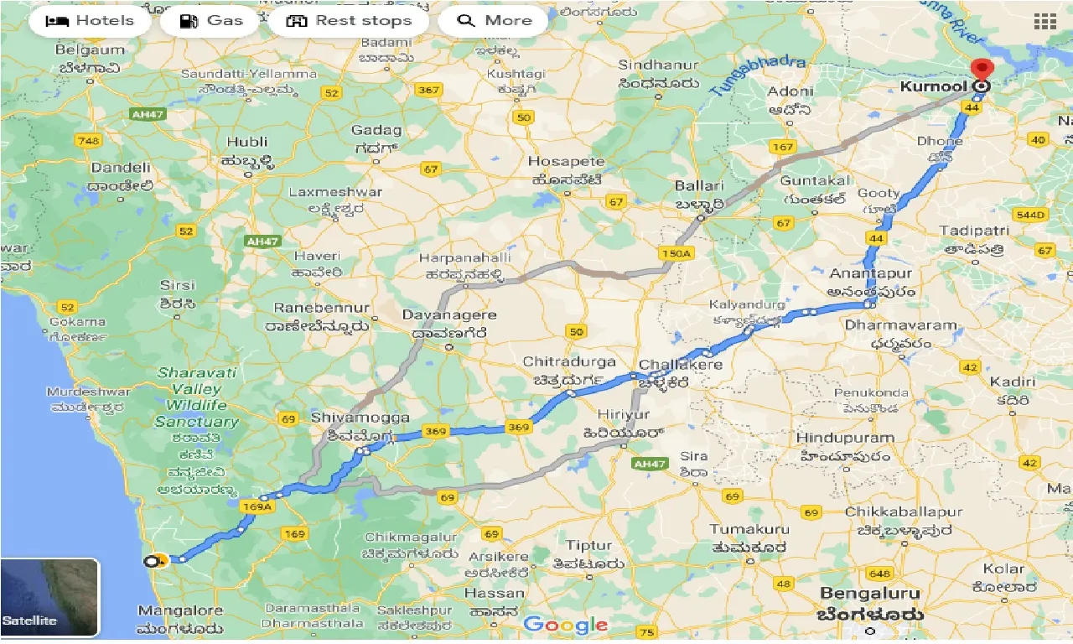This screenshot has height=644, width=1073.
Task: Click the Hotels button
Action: pos(90,21)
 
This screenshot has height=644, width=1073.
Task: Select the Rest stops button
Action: pos(349,21)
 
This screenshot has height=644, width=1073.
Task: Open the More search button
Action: pos(494,21)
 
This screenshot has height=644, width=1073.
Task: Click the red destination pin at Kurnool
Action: pos(980,70)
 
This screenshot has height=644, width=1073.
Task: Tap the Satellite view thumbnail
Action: pos(49,598)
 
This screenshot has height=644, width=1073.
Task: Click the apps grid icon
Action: pos(1044,22)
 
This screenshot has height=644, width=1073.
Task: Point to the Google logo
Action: pos(566,625)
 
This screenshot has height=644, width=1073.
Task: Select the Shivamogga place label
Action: pos(360,418)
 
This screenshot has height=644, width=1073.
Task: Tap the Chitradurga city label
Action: pos(569,362)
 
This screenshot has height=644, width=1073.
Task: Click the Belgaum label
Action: pos(90,50)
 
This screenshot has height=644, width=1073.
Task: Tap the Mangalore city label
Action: pos(179,610)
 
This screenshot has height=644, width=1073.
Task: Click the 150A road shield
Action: pos(676,253)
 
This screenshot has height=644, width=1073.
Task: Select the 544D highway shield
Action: pos(1031,215)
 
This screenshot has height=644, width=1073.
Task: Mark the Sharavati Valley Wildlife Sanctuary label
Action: pos(197,397)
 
